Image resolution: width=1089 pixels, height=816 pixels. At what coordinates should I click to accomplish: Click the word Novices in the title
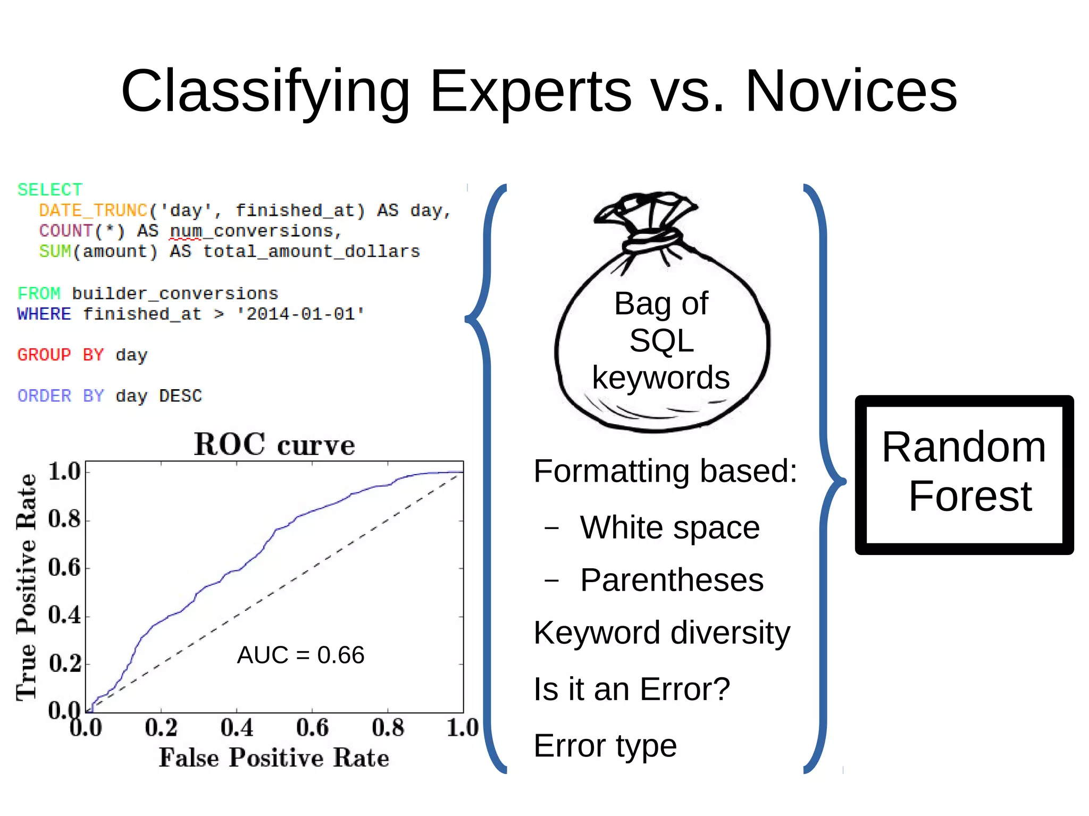[851, 91]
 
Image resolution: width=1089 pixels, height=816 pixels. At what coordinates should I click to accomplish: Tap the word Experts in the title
[531, 91]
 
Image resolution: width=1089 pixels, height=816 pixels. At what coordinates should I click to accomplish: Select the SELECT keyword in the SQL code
[50, 190]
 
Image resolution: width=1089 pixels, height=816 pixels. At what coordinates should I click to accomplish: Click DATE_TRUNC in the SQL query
[93, 211]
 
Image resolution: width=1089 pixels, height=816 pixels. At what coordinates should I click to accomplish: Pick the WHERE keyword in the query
[44, 314]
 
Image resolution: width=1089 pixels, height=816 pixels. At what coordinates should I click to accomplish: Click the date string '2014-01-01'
[300, 314]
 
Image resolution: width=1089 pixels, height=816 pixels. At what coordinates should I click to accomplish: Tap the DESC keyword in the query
[181, 396]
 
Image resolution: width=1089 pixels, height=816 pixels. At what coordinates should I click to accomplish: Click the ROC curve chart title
[274, 444]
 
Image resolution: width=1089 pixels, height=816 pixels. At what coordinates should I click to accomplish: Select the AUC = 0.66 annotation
[300, 655]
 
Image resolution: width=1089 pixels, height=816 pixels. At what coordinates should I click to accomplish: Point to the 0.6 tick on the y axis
[64, 568]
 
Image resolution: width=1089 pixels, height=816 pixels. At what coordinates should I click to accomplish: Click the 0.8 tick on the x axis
[388, 728]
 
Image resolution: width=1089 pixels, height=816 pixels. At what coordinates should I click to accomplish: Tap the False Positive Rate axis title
[274, 758]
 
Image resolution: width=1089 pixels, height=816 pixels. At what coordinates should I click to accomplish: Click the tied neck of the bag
[652, 239]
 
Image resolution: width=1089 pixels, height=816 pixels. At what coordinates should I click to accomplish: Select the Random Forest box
[964, 474]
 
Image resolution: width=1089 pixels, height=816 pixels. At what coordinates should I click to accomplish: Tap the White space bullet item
[669, 527]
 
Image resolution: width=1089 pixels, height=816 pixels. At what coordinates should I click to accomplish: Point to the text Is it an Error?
[632, 689]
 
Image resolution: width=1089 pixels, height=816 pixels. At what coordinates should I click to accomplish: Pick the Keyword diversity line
[661, 633]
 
